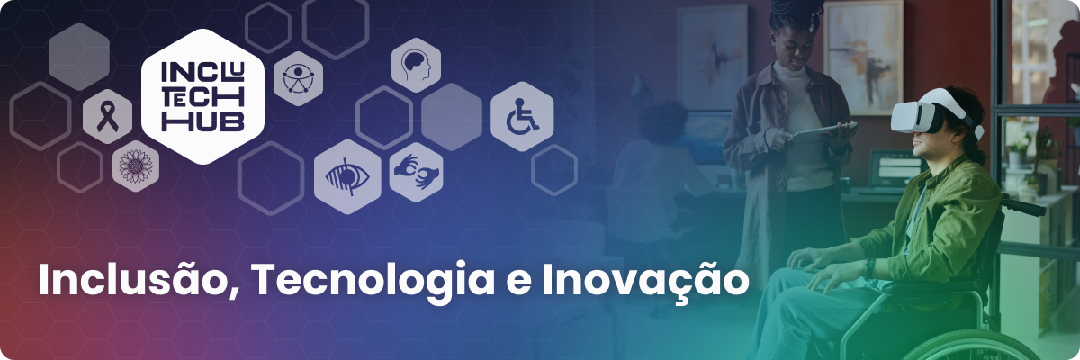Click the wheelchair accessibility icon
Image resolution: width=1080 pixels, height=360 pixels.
(x=522, y=116)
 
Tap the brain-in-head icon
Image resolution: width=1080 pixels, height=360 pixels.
(x=416, y=66)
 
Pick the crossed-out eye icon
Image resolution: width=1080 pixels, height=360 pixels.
(x=347, y=177)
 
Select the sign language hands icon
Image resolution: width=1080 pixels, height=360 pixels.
(x=416, y=172)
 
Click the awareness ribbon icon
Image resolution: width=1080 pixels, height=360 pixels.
(x=107, y=117)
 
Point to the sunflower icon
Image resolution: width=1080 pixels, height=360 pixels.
(x=136, y=166)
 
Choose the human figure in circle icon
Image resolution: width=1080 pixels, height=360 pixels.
(x=298, y=78)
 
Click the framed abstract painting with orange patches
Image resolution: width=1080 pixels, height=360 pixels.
(x=862, y=57)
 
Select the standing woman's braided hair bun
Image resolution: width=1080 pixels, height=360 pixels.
(x=796, y=12)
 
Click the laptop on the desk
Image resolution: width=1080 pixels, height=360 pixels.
(x=895, y=169)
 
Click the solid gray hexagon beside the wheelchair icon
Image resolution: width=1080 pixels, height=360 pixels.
(x=452, y=117)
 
